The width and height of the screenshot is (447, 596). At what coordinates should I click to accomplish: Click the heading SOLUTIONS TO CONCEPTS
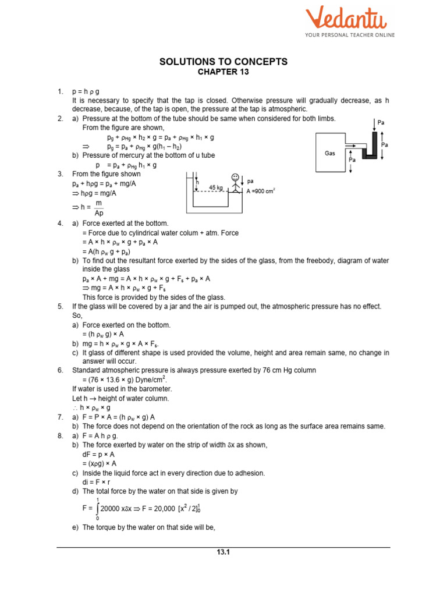[223, 62]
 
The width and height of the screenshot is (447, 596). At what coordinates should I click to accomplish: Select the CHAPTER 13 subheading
[223, 72]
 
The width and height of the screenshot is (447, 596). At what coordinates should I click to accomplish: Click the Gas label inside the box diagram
[330, 153]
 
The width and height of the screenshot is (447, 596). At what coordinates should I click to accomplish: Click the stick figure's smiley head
[235, 177]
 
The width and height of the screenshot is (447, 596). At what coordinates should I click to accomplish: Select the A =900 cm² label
[261, 190]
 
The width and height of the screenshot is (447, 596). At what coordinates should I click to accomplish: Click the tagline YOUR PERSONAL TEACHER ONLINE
[350, 35]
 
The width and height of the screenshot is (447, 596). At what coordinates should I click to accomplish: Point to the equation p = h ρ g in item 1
[86, 92]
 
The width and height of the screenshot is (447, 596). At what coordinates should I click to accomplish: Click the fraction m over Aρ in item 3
[98, 208]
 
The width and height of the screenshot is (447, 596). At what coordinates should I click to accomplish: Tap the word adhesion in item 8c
[249, 473]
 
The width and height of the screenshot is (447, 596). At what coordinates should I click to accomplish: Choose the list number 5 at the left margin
[60, 306]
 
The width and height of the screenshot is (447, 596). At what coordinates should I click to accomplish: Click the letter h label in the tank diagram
[197, 182]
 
